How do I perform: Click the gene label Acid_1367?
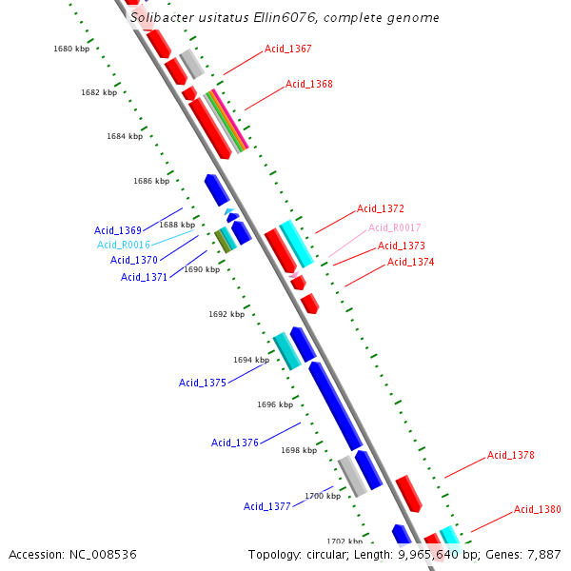(x=287, y=49)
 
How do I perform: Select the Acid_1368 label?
(x=309, y=85)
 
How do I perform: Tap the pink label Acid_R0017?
(x=394, y=227)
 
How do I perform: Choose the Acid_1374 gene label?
(x=410, y=262)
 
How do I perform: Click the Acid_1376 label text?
(x=235, y=443)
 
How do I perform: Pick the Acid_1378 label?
(x=511, y=455)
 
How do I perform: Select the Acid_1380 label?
(x=538, y=509)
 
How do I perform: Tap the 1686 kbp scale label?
(x=151, y=181)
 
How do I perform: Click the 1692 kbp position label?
(x=226, y=314)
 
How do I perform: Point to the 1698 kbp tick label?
(x=299, y=450)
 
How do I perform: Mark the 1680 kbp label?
(x=71, y=48)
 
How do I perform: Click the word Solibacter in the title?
(x=163, y=17)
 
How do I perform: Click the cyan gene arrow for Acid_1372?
(x=296, y=243)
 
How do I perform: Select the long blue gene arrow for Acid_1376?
(x=335, y=404)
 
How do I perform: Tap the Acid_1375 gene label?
(x=203, y=383)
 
